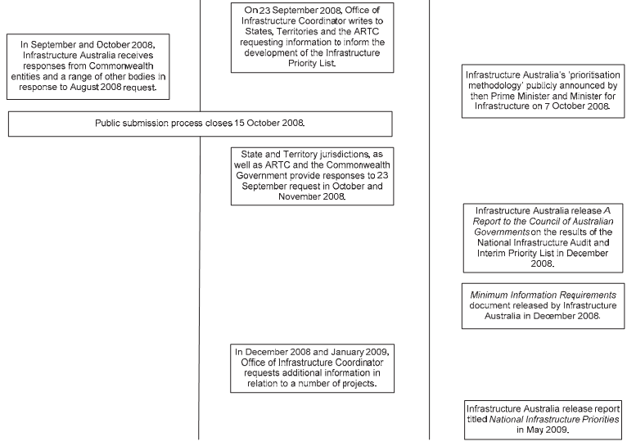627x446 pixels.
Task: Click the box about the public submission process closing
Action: [x=200, y=124]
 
